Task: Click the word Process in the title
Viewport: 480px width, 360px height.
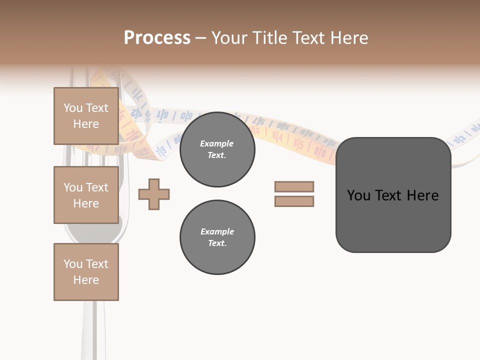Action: click(157, 38)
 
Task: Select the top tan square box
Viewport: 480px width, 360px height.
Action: click(86, 116)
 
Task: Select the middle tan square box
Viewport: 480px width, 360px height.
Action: click(86, 195)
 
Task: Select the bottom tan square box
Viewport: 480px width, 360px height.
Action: click(86, 271)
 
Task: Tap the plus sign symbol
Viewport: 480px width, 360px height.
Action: click(154, 193)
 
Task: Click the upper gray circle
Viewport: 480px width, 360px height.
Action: click(217, 149)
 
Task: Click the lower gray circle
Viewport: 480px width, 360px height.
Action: click(217, 237)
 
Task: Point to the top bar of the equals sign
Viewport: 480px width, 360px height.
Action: click(294, 186)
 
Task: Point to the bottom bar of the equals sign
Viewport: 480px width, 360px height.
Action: click(294, 201)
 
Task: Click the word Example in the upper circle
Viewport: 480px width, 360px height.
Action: click(217, 143)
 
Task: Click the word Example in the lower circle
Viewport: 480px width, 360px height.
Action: click(217, 231)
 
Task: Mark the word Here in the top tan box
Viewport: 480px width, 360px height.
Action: click(86, 124)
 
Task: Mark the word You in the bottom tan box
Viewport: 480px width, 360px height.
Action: click(73, 264)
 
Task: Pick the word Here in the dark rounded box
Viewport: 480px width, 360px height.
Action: click(423, 195)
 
